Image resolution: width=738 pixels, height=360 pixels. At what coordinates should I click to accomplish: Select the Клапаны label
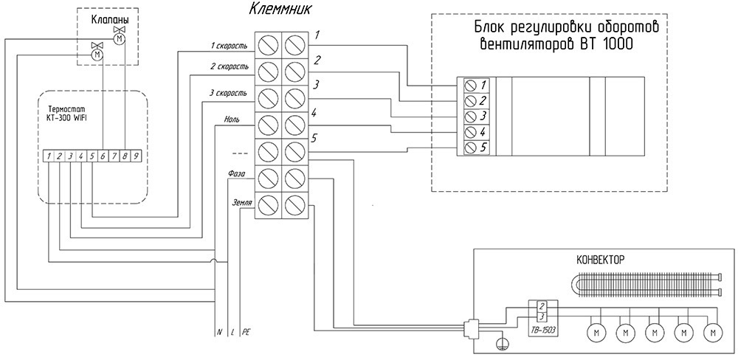(109, 20)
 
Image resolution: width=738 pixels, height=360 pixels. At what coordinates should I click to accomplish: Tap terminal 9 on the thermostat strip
(136, 156)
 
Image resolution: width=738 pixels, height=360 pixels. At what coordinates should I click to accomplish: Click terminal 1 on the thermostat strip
(49, 156)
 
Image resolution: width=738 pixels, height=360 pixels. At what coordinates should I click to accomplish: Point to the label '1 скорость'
(228, 46)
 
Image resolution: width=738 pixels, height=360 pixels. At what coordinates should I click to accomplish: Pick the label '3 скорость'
(228, 93)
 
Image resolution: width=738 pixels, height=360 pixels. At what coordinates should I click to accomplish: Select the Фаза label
(236, 174)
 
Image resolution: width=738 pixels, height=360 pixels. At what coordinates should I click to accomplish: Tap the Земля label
(242, 204)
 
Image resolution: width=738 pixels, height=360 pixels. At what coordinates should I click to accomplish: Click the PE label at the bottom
(246, 332)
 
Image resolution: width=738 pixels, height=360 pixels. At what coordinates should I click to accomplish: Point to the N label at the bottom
(219, 332)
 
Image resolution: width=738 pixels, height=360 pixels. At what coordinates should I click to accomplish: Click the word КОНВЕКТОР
(599, 260)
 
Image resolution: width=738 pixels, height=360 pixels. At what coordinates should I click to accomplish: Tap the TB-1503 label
(542, 330)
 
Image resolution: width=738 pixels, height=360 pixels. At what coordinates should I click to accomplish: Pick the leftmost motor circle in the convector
(596, 333)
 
